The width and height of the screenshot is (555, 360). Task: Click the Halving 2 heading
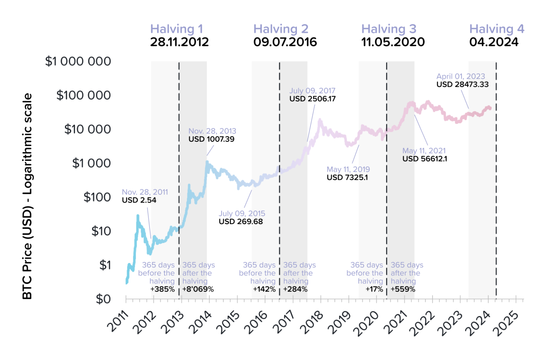point(281,29)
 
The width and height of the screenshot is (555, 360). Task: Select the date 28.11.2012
point(179,42)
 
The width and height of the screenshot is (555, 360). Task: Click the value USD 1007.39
point(210,138)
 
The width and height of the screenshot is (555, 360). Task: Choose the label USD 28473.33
point(462,85)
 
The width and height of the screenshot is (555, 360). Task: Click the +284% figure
point(295,289)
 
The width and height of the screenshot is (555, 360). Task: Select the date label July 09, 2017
point(312,91)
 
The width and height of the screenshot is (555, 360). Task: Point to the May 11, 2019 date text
point(348,169)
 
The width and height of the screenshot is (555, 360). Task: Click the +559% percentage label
point(403,289)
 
